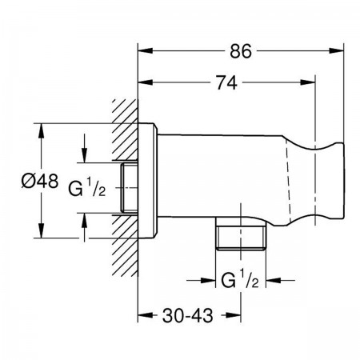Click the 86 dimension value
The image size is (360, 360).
click(x=241, y=51)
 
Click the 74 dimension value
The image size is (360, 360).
click(x=226, y=83)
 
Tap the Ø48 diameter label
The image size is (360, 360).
click(x=40, y=181)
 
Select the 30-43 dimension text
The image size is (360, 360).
click(x=188, y=316)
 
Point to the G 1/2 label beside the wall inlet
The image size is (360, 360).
click(x=87, y=188)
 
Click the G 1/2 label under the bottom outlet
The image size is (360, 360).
click(x=240, y=279)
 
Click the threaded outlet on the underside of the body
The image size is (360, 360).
click(x=241, y=234)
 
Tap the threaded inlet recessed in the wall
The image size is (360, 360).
click(x=129, y=188)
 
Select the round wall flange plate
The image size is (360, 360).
click(x=147, y=181)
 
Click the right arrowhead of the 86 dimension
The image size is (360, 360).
click(x=336, y=50)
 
